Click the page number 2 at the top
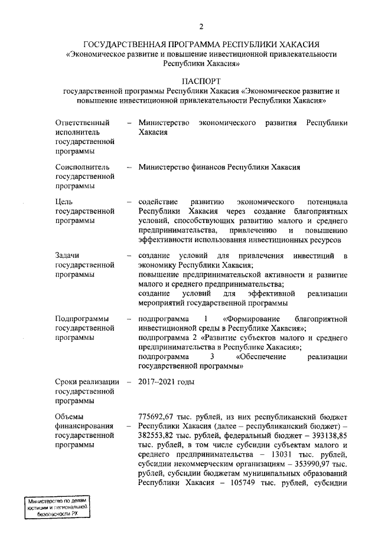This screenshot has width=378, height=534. [201, 27]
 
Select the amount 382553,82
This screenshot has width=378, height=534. [157, 437]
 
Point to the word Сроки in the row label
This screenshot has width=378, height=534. [67, 382]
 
